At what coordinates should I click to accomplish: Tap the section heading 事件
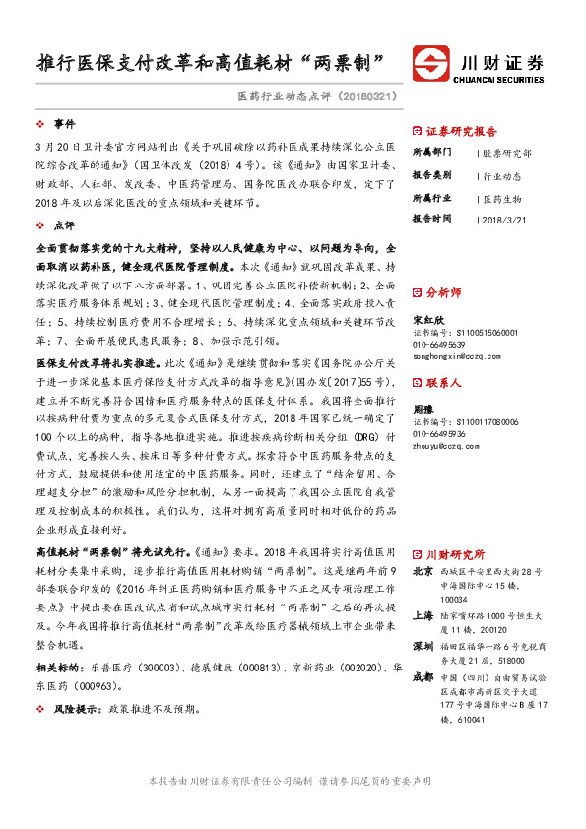point(64,124)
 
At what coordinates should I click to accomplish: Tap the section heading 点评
point(64,225)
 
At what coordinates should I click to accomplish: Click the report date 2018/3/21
point(508,218)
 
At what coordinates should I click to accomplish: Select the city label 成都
point(423,677)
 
